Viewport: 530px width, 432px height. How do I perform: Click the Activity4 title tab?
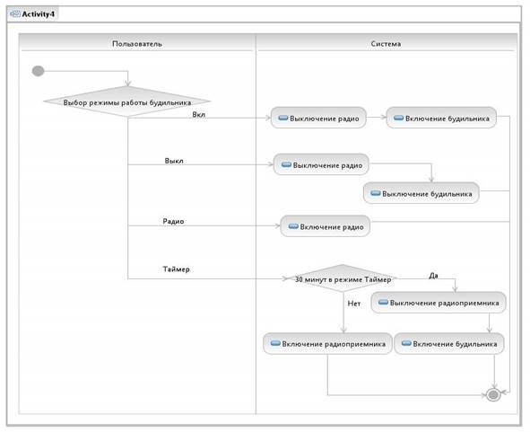33,14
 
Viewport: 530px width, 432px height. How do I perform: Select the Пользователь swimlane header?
137,44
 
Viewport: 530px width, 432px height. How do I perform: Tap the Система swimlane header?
386,44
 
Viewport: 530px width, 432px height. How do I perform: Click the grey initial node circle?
38,71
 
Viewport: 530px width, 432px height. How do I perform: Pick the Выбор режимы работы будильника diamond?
127,101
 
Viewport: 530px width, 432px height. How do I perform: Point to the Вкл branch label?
199,114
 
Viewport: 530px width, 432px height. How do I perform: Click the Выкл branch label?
174,161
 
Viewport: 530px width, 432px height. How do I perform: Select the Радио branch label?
173,221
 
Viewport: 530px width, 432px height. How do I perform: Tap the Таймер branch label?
176,269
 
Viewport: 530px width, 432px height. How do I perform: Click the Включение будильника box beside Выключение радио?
441,118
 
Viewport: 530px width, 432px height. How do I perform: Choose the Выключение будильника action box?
421,193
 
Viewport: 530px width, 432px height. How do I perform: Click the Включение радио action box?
326,226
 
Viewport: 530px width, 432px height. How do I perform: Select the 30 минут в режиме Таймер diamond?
343,278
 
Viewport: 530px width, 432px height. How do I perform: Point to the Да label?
433,276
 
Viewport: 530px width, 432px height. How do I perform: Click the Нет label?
354,304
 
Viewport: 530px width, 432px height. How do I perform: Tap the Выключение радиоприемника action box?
439,303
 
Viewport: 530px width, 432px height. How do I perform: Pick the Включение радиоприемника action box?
327,344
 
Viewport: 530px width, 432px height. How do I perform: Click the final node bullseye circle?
493,395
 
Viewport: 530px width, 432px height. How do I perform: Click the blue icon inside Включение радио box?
293,226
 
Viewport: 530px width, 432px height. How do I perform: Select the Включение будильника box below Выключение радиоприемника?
449,344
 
